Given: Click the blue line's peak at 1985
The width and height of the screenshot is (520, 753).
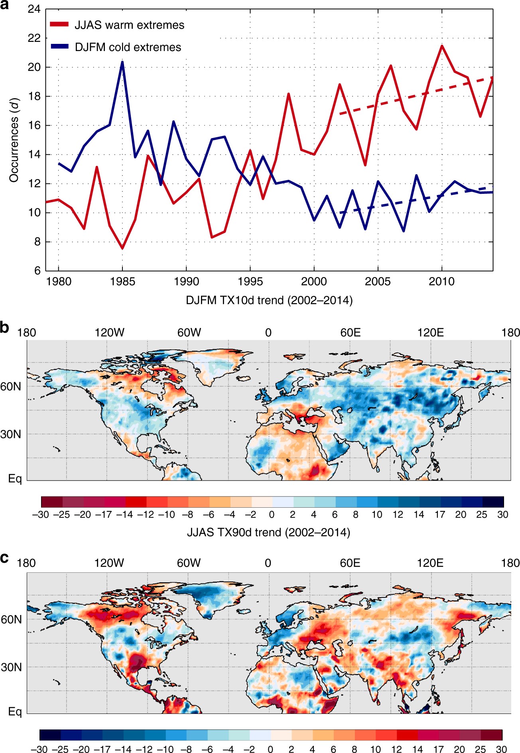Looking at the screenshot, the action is pos(122,62).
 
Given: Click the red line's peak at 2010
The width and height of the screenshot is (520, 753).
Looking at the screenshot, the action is pos(442,46).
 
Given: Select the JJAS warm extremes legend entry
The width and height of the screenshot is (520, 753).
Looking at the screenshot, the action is pos(118,25).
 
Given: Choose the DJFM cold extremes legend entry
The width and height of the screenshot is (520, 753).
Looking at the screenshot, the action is pos(116,47).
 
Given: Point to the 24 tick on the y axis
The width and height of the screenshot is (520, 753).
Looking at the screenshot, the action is pos(34,9).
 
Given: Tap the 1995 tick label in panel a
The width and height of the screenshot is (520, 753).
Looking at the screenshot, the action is pos(250,282).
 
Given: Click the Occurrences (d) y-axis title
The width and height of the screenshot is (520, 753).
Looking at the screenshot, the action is pos(14,140).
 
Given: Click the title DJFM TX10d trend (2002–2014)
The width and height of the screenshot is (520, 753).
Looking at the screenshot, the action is pos(269,300).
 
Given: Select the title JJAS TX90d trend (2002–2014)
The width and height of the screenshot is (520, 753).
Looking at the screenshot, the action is pos(268,532).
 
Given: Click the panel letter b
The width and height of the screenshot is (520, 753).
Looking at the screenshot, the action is pos(5,328).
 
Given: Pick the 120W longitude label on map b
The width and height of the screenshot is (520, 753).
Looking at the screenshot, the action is pos(109,333).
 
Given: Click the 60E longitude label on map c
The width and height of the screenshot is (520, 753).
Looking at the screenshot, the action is pos(350,563).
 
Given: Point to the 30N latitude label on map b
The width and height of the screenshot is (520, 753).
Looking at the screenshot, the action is pos(11,434).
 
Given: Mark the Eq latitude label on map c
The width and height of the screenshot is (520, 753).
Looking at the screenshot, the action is pos(15,712).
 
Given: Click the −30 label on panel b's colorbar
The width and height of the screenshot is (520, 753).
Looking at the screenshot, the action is pos(41,514).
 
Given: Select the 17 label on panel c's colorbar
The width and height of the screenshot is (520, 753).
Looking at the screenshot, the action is pos(439,749).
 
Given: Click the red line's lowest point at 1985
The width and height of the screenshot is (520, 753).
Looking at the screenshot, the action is pos(122,248).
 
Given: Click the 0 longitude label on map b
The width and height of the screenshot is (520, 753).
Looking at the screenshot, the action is pos(268,333).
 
